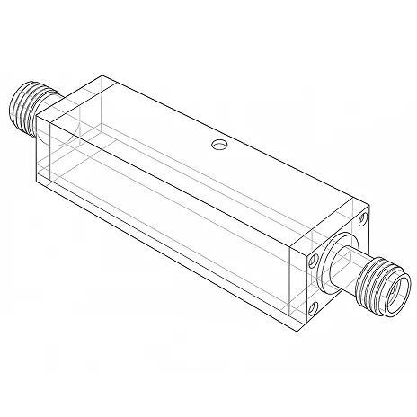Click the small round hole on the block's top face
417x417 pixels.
218,144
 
